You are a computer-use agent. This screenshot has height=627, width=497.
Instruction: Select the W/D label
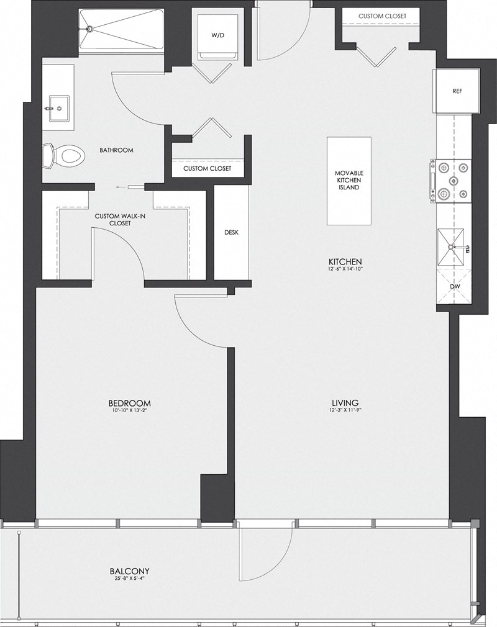(217, 36)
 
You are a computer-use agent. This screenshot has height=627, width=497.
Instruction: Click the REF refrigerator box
(457, 91)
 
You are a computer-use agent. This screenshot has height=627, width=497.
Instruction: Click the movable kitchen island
(349, 180)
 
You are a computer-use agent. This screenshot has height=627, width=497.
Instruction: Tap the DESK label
(231, 233)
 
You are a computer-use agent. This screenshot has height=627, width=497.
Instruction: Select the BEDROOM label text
(129, 403)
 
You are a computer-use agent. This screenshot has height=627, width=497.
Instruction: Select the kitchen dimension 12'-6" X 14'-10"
(347, 269)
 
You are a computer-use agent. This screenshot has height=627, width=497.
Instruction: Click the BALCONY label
(129, 571)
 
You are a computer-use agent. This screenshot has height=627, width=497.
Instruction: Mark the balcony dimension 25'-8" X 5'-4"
(129, 579)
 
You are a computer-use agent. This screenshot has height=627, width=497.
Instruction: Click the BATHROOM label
(116, 150)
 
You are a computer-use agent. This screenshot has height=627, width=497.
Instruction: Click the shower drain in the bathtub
(89, 28)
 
